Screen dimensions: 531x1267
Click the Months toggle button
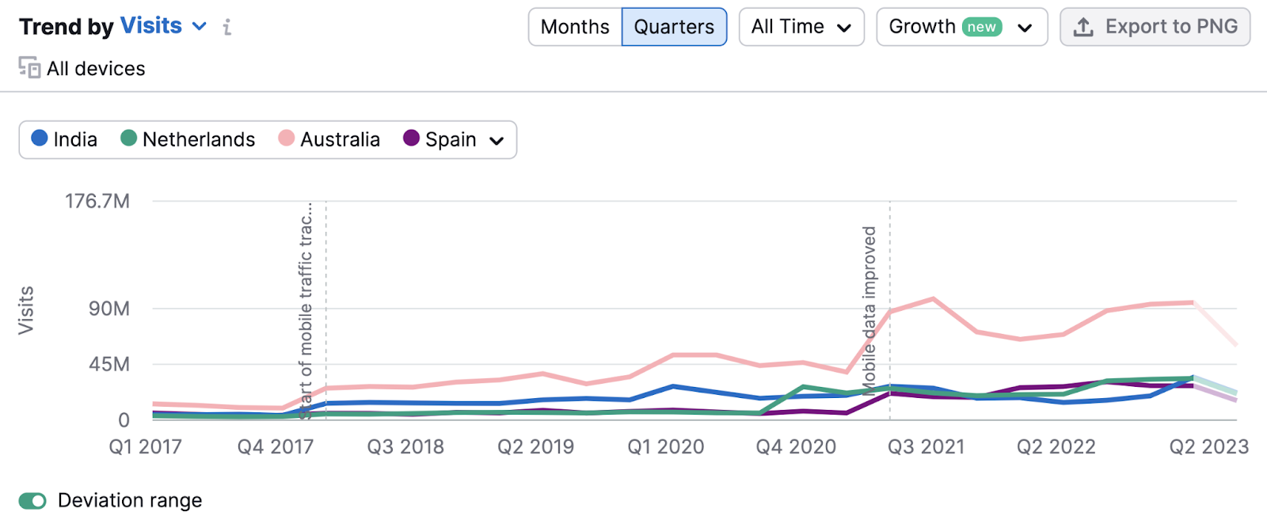[575, 27]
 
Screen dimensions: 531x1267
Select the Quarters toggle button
[674, 27]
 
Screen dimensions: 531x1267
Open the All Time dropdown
[801, 27]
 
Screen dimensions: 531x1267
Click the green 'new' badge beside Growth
[981, 27]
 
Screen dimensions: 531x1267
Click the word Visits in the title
[151, 26]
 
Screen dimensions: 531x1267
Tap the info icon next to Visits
[227, 28]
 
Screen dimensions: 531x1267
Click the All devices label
[95, 69]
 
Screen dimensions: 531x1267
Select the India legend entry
[64, 139]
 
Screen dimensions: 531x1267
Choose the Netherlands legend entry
[188, 139]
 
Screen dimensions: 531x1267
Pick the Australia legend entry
[329, 139]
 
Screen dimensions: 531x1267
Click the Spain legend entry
[440, 139]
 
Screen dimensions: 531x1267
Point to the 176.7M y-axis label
[97, 201]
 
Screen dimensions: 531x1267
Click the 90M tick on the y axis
[109, 309]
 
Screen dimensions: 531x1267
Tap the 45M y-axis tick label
[109, 365]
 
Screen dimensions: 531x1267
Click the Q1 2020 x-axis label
[665, 447]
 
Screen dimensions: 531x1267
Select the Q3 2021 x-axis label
[926, 447]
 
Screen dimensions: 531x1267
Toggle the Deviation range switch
[33, 501]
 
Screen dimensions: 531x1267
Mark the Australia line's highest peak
[934, 298]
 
